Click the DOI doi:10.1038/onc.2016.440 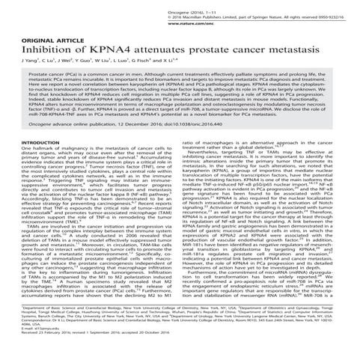click(211, 127)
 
